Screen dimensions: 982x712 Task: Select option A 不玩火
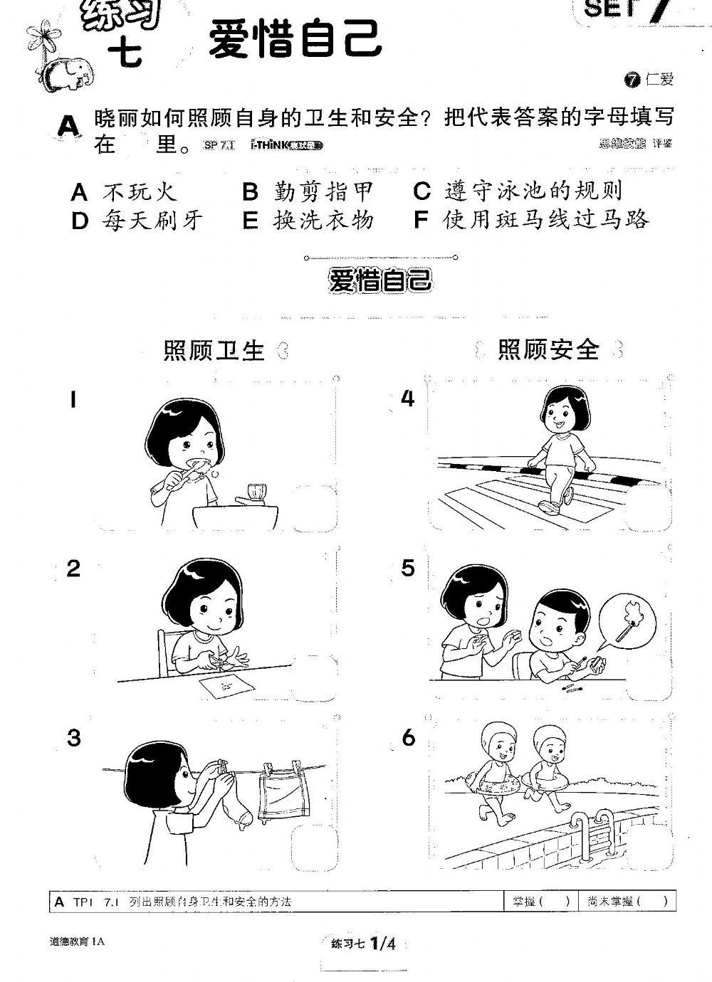(124, 191)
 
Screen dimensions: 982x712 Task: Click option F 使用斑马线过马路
(531, 221)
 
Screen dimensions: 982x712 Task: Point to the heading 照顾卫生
(214, 350)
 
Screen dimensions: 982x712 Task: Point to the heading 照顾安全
(548, 349)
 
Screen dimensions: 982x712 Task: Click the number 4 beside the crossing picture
(407, 399)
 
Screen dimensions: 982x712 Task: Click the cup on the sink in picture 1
(254, 492)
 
